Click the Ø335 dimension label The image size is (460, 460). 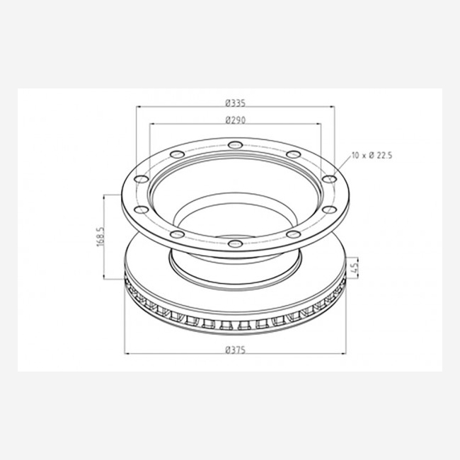coord(235,103)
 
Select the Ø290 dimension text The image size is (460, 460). coord(236,120)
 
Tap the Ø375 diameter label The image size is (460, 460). coord(235,350)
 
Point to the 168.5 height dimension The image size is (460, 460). coord(100,236)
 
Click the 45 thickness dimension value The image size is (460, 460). coord(355,268)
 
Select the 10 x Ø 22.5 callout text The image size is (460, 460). coord(372,155)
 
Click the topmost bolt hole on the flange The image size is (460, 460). coord(235,144)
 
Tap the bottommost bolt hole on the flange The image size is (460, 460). coord(235,243)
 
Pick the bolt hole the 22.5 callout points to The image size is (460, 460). coord(329,179)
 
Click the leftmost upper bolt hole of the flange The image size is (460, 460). coord(142,179)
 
